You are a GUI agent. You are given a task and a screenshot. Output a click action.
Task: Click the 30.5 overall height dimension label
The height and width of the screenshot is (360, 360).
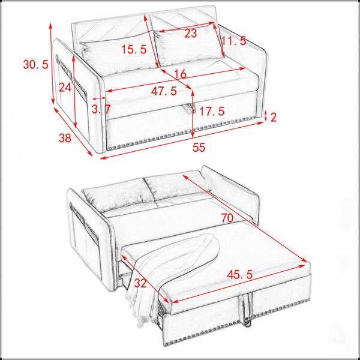(x=35, y=64)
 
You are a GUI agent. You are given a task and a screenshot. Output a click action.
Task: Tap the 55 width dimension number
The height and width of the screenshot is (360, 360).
(x=199, y=148)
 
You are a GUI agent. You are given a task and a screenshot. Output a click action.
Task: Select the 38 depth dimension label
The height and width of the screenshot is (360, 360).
(x=65, y=138)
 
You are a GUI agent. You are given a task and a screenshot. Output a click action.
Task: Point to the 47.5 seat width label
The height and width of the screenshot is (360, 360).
(x=164, y=91)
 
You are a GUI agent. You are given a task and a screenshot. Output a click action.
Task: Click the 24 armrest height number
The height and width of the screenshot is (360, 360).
(x=65, y=87)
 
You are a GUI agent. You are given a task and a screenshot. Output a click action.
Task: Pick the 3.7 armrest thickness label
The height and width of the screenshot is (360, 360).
(x=101, y=109)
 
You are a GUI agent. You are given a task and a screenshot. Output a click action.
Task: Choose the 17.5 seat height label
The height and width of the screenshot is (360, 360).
(x=212, y=112)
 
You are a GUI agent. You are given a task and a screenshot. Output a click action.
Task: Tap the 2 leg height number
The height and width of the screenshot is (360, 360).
(x=273, y=118)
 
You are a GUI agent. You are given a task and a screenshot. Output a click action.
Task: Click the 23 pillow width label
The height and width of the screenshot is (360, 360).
(x=191, y=33)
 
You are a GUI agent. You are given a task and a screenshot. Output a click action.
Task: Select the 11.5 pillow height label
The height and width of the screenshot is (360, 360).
(x=234, y=41)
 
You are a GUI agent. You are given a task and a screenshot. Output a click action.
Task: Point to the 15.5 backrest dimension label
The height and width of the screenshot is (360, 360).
(x=134, y=49)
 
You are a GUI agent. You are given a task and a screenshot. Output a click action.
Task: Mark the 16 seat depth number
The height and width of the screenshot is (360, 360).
(x=180, y=74)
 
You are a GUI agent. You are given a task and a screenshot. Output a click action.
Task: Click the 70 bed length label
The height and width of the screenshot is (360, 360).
(x=227, y=218)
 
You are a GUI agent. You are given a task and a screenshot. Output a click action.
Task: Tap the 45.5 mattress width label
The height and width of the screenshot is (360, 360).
(x=239, y=274)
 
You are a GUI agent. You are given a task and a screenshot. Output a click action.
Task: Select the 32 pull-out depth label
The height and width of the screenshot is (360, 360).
(x=140, y=283)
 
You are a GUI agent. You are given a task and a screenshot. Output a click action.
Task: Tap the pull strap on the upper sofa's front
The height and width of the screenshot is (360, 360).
(x=190, y=109)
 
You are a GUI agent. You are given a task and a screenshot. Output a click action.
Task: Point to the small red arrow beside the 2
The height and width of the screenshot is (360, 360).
(x=265, y=116)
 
